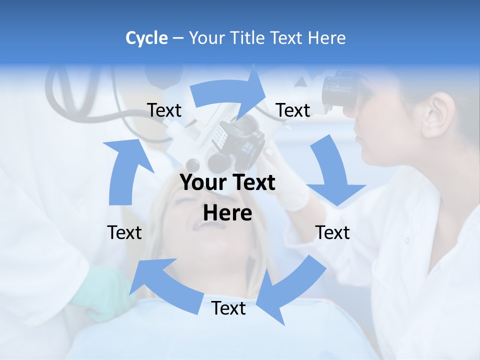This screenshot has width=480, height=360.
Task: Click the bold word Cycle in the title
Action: pos(146,38)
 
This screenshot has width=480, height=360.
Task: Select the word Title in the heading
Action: pos(248,38)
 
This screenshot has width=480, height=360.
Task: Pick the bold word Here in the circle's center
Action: pos(227,213)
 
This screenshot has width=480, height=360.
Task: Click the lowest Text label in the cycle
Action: pos(228,308)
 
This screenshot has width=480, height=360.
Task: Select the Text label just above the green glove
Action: pos(124,232)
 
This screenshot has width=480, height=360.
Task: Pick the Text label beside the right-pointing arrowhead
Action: pos(293,110)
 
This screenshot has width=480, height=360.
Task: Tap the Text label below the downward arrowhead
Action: pos(332,232)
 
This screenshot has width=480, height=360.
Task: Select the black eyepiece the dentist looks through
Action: pos(340,90)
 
